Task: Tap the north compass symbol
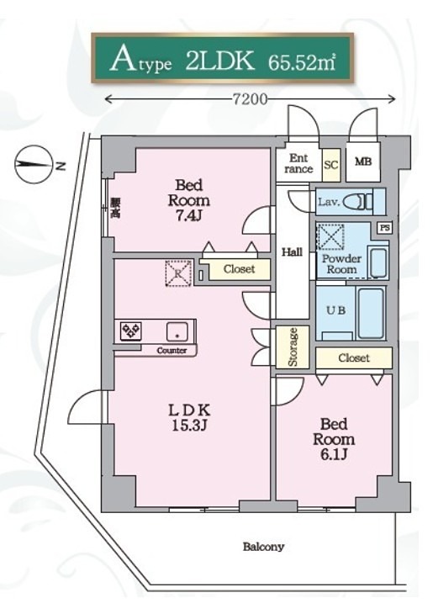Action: [34, 165]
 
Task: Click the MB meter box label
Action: [363, 161]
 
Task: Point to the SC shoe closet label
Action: [330, 165]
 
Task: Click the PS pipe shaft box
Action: [385, 227]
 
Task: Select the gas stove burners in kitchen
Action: [131, 331]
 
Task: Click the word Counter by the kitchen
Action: [172, 351]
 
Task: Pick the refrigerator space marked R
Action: [178, 273]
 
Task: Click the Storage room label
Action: [293, 347]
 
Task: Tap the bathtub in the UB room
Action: [371, 313]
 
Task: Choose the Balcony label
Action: [263, 547]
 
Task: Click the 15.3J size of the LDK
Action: [189, 425]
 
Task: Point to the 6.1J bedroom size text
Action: [334, 454]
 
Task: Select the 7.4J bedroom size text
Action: [188, 215]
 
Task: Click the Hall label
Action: [292, 251]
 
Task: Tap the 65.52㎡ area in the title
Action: [302, 62]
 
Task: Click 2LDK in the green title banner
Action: [219, 61]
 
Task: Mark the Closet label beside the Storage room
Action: [353, 357]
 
